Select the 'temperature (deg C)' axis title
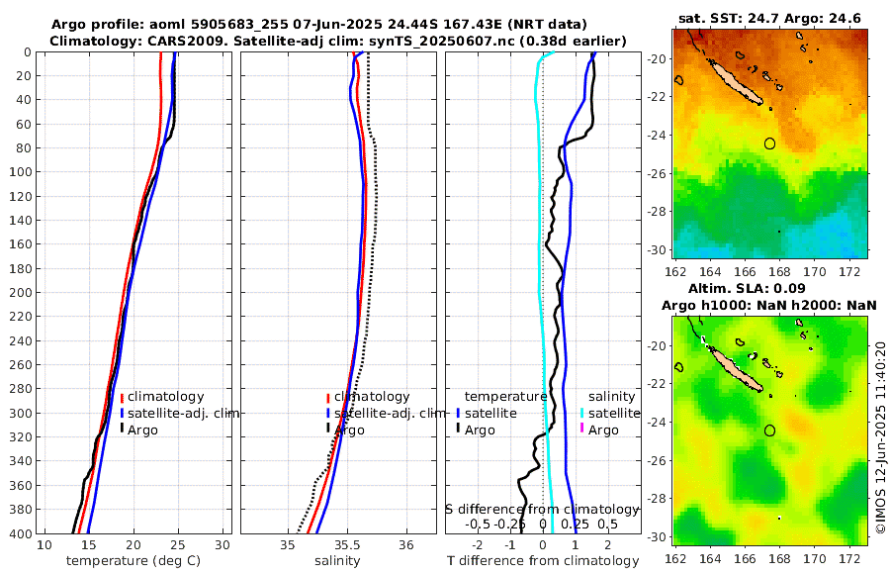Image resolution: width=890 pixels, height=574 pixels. [133, 561]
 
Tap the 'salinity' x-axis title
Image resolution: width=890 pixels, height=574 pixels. [336, 561]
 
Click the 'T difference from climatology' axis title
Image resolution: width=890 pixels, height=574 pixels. [542, 561]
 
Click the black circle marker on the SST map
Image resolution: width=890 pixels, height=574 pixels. [770, 143]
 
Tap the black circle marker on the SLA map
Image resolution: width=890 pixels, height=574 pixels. [770, 430]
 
